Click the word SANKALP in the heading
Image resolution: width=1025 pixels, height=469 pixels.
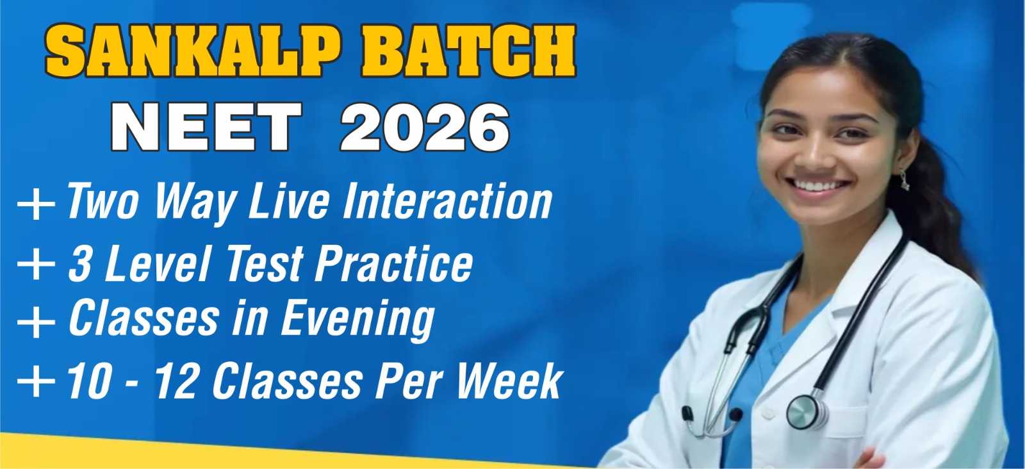tap(193, 51)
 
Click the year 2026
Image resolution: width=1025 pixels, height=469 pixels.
tap(425, 127)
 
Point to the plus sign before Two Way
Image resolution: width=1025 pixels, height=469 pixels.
tap(36, 204)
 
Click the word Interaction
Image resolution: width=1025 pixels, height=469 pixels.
tap(447, 201)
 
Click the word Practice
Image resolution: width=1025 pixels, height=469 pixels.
tap(394, 263)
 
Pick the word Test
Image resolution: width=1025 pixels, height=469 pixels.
tap(264, 263)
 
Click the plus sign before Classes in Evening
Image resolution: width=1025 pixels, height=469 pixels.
tap(36, 322)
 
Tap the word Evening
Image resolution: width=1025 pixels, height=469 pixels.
tap(357, 320)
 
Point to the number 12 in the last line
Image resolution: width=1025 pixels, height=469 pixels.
tap(176, 381)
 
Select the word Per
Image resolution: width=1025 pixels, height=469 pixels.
tap(409, 381)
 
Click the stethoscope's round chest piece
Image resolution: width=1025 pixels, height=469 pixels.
tap(806, 412)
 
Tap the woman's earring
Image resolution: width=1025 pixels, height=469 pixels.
tap(905, 179)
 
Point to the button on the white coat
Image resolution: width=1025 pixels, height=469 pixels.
tap(768, 413)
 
